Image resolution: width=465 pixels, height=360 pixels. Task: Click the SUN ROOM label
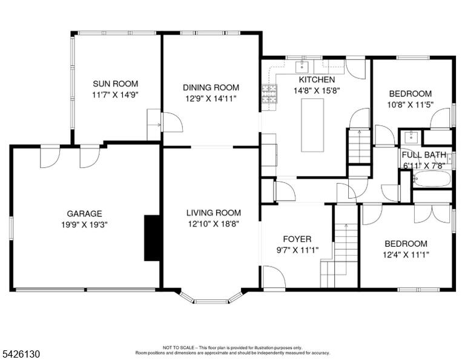116,84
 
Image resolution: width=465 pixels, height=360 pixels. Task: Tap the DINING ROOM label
211,87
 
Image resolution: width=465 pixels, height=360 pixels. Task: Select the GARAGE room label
85,214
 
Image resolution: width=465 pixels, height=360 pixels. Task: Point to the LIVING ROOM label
214,213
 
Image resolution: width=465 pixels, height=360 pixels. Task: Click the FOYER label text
297,239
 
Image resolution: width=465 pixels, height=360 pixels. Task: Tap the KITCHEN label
317,79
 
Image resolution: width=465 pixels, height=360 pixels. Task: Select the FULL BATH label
424,155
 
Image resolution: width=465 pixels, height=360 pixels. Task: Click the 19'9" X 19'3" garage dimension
84,225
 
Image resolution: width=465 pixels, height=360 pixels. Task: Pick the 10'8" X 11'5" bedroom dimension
411,105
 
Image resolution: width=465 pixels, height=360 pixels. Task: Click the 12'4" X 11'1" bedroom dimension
406,255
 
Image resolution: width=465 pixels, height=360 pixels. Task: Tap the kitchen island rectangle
312,125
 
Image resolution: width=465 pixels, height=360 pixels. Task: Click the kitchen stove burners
269,94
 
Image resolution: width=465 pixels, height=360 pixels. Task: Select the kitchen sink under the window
302,67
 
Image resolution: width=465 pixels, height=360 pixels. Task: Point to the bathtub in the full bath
432,179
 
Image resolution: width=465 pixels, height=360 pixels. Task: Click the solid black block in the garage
152,238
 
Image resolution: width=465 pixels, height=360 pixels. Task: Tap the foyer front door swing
274,276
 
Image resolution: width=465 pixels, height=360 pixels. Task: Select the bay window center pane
211,302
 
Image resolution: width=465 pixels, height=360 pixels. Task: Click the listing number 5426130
21,354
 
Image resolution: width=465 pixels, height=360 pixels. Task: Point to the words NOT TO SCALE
179,347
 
